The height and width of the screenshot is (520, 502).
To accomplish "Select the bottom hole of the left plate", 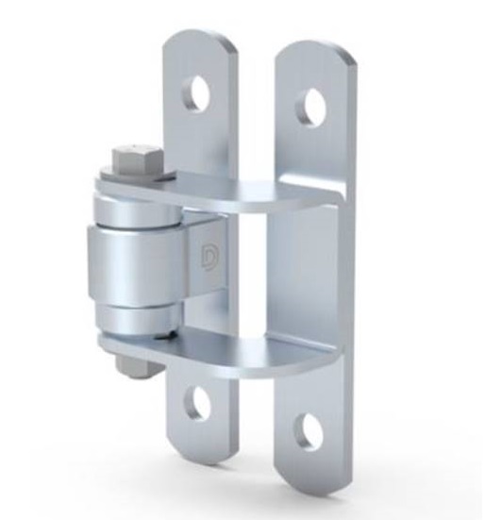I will pos(198,403).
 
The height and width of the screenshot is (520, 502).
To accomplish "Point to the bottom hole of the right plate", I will pos(308,429).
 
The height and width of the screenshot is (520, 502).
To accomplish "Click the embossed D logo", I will pos(209,255).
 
